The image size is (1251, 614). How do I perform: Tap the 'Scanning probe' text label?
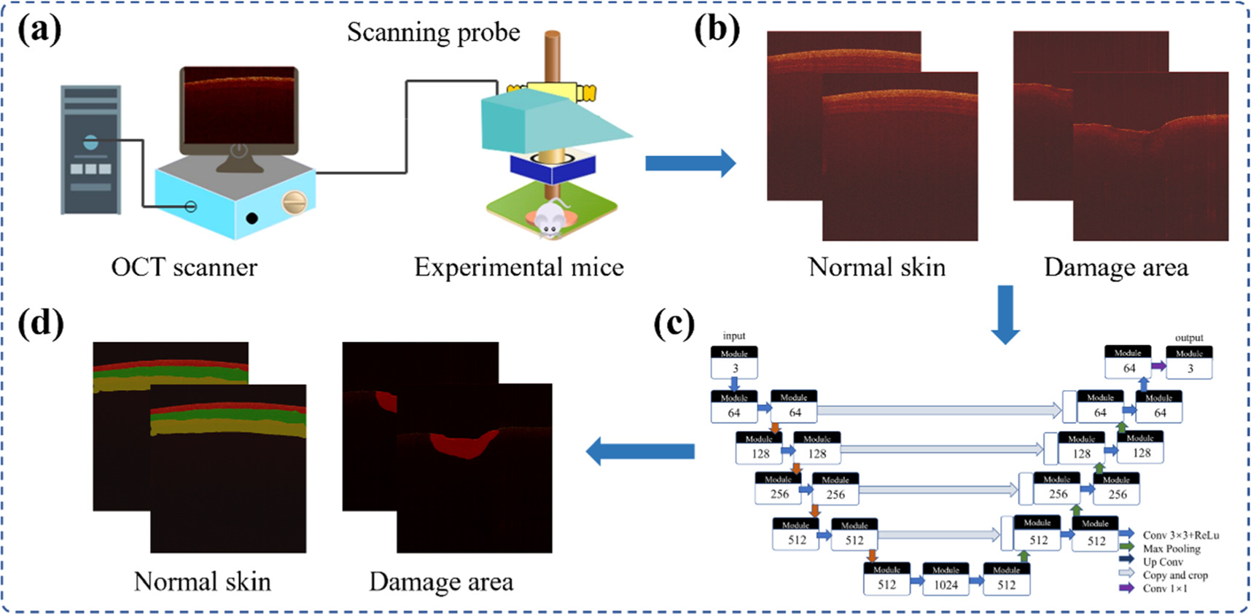(x=433, y=33)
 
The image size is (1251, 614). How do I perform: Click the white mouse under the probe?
(x=548, y=219)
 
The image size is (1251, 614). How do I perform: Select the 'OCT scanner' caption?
(x=184, y=268)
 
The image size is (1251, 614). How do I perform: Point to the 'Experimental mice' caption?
(x=518, y=268)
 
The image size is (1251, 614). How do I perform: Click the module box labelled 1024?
(x=946, y=580)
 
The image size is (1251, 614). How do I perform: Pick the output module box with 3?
(x=1189, y=363)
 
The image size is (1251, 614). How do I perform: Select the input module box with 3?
(x=734, y=363)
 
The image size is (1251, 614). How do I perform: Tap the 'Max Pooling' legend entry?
(x=1171, y=548)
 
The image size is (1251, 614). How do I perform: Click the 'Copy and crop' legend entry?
(x=1174, y=575)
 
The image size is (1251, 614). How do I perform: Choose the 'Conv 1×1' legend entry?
(x=1164, y=588)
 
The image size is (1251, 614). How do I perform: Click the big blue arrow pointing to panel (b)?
(x=690, y=163)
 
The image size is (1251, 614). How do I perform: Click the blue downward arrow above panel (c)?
(x=1005, y=314)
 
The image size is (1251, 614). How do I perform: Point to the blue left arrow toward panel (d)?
(x=640, y=451)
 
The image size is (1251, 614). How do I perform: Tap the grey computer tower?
(x=90, y=149)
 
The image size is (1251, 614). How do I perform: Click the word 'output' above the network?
(x=1188, y=338)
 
